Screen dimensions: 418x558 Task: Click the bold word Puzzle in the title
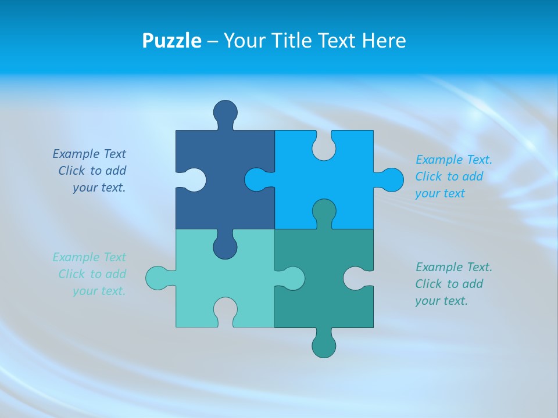pyautogui.click(x=171, y=41)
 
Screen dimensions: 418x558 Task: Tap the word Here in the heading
pyautogui.click(x=384, y=41)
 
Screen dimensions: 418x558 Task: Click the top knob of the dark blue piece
pyautogui.click(x=226, y=111)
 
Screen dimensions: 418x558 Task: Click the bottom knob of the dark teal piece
pyautogui.click(x=324, y=346)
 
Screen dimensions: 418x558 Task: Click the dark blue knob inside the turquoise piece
pyautogui.click(x=226, y=247)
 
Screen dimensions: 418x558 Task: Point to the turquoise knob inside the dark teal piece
pyautogui.click(x=293, y=278)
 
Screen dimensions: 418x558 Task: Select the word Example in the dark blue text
pyautogui.click(x=76, y=154)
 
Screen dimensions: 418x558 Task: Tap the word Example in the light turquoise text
pyautogui.click(x=76, y=257)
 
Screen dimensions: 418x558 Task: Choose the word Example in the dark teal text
pyautogui.click(x=439, y=267)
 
